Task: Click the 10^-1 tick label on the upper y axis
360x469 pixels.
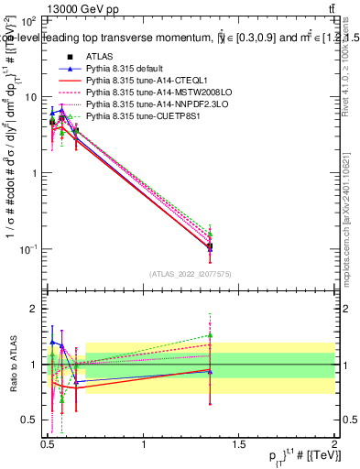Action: click(x=26, y=249)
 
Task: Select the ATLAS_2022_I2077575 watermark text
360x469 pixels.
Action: click(x=190, y=273)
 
